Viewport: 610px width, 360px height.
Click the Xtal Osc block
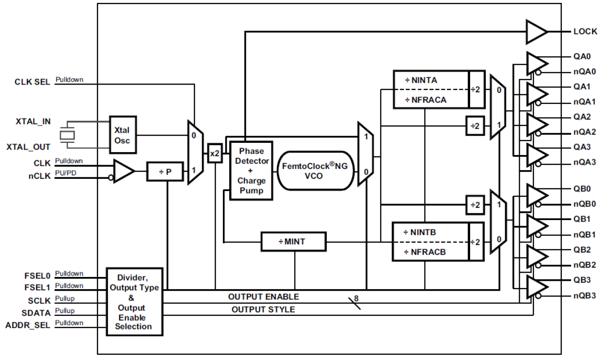pyautogui.click(x=123, y=135)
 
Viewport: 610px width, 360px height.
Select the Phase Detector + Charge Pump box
pyautogui.click(x=251, y=171)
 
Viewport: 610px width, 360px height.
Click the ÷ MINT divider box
pyautogui.click(x=293, y=241)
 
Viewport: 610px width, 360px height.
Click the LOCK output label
pyautogui.click(x=585, y=32)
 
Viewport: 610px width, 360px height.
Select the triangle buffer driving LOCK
pyautogui.click(x=537, y=32)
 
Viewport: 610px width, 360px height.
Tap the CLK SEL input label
pyautogui.click(x=32, y=82)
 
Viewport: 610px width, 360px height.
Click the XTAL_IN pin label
pyautogui.click(x=33, y=121)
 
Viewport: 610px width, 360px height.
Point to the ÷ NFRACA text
pyautogui.click(x=425, y=100)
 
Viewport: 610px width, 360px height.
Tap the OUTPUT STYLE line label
pyautogui.click(x=263, y=309)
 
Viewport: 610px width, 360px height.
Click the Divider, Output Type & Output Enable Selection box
pyautogui.click(x=135, y=302)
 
